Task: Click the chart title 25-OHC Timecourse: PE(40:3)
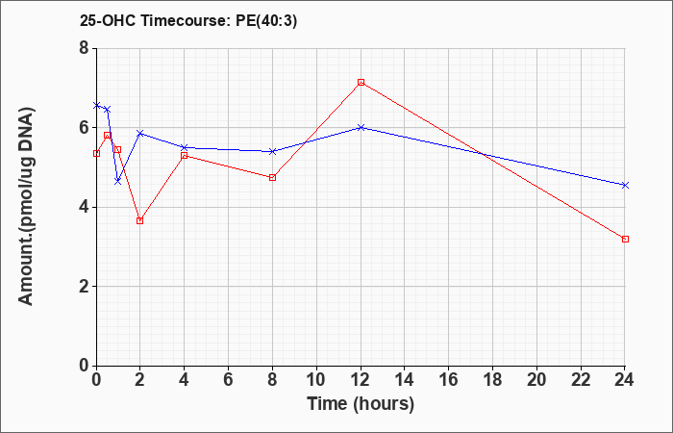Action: pyautogui.click(x=188, y=21)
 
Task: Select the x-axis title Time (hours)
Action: pyautogui.click(x=361, y=404)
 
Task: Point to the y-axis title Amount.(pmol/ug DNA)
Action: pyautogui.click(x=27, y=206)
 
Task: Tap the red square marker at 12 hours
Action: pyautogui.click(x=361, y=82)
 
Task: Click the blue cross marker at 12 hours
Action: pyautogui.click(x=361, y=128)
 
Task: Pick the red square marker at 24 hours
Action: pyautogui.click(x=625, y=239)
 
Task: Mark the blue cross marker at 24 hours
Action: pyautogui.click(x=625, y=185)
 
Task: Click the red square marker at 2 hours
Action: pyautogui.click(x=140, y=220)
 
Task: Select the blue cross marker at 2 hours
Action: pyautogui.click(x=140, y=133)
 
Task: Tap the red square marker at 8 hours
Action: pyautogui.click(x=272, y=177)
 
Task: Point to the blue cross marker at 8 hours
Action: pyautogui.click(x=272, y=151)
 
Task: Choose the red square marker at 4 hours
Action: pyautogui.click(x=185, y=155)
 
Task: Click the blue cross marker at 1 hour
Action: pyautogui.click(x=118, y=181)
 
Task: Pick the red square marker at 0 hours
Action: pyautogui.click(x=96, y=153)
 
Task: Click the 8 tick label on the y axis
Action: pyautogui.click(x=85, y=48)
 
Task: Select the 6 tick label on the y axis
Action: pyautogui.click(x=85, y=128)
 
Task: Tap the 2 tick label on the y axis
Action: pyautogui.click(x=85, y=287)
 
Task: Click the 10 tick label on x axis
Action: pyautogui.click(x=316, y=380)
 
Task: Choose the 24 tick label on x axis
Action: pyautogui.click(x=624, y=380)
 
